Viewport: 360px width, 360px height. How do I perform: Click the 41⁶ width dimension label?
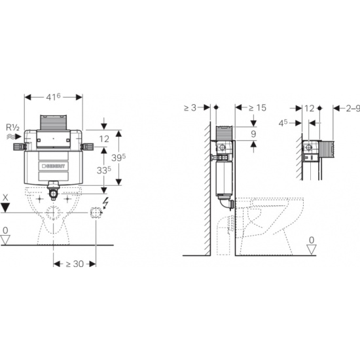(53, 97)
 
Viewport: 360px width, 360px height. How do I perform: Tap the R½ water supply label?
(12, 127)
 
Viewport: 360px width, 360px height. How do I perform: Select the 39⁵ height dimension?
(118, 158)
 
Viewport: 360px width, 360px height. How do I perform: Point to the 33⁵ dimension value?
(104, 170)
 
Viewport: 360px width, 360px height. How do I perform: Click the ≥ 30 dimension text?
(75, 264)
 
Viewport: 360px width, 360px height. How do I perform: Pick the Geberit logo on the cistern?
(54, 166)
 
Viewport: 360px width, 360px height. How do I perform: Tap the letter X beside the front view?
(5, 198)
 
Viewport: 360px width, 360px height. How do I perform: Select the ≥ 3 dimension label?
(190, 108)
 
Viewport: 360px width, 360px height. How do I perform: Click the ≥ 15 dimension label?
(258, 108)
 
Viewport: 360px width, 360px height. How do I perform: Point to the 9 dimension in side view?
(253, 134)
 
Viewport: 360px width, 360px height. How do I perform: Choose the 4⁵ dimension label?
(283, 123)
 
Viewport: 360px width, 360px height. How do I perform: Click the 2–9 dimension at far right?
(353, 109)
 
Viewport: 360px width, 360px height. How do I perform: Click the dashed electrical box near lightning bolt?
(96, 213)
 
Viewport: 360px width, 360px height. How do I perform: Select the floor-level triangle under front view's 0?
(5, 240)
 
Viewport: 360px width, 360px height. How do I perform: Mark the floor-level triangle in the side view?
(312, 249)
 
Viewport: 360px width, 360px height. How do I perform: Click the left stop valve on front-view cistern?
(19, 147)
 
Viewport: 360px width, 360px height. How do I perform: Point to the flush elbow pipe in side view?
(226, 202)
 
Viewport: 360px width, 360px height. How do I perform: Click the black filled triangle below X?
(5, 207)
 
